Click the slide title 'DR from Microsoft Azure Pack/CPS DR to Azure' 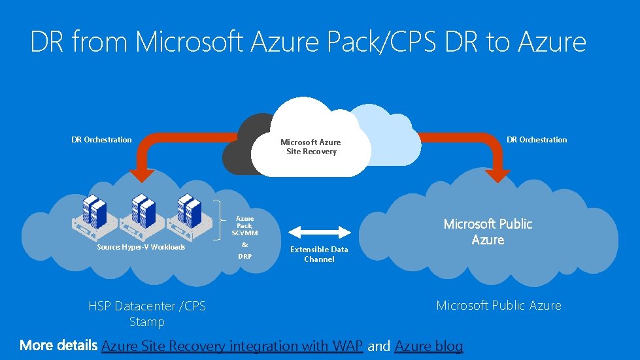point(308,42)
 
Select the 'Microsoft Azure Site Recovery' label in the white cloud point(311,147)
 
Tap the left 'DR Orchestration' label point(101,139)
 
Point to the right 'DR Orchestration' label point(537,140)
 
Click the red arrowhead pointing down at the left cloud point(141,175)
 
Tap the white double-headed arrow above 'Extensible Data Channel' point(320,231)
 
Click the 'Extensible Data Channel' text point(320,254)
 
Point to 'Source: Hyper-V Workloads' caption point(141,247)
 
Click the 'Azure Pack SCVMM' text point(244,225)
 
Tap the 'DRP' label point(244,257)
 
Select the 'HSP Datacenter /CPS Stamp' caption point(146,314)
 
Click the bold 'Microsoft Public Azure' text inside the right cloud point(488,232)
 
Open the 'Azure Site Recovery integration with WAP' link point(232,346)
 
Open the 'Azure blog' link point(429,346)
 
